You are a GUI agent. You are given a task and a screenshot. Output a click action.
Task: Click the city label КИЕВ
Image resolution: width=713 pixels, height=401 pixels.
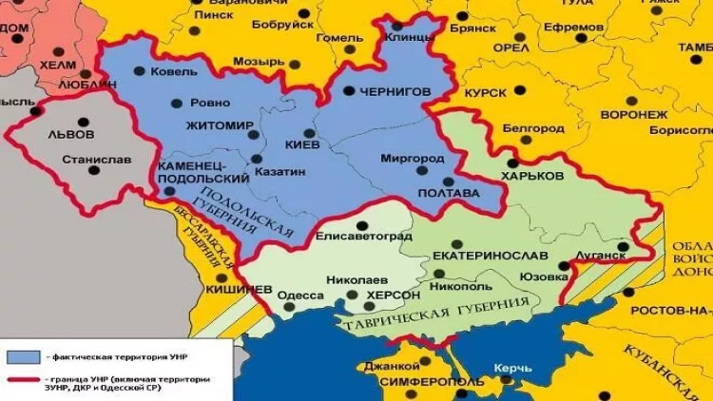pyautogui.click(x=302, y=144)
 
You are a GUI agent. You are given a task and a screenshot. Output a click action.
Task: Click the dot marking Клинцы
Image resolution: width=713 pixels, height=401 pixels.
pyautogui.click(x=396, y=25)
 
